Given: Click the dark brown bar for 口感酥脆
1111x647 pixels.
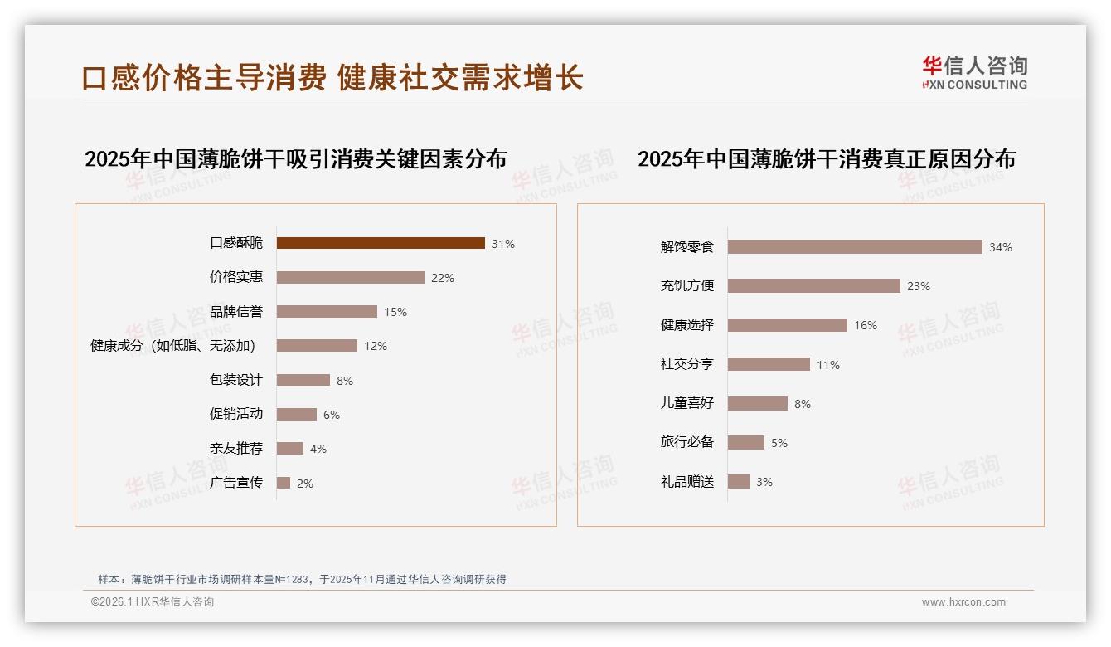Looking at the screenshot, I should pyautogui.click(x=381, y=243).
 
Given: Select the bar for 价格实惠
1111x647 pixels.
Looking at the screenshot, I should pyautogui.click(x=350, y=278).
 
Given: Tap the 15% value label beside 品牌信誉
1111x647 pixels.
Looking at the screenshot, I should pyautogui.click(x=395, y=312).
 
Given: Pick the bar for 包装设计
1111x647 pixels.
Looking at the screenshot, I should pyautogui.click(x=303, y=380).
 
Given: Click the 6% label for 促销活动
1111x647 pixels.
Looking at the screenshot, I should pyautogui.click(x=332, y=415).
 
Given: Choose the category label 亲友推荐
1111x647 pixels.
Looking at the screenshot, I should pyautogui.click(x=235, y=449).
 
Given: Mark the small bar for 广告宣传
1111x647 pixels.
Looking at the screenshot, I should pyautogui.click(x=284, y=483).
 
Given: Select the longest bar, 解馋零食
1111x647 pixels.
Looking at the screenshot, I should pyautogui.click(x=855, y=247).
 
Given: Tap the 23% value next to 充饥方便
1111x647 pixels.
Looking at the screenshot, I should pyautogui.click(x=919, y=286).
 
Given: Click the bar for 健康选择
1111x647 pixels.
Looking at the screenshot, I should pyautogui.click(x=788, y=325).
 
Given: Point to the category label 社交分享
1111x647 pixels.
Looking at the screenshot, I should pyautogui.click(x=686, y=364).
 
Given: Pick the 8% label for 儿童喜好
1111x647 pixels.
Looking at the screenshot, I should pyautogui.click(x=803, y=404).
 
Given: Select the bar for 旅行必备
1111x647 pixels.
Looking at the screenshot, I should pyautogui.click(x=746, y=443).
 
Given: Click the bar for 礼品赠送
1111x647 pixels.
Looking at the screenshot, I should pyautogui.click(x=739, y=482).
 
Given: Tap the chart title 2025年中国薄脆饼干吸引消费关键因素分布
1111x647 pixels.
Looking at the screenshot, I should pyautogui.click(x=295, y=159).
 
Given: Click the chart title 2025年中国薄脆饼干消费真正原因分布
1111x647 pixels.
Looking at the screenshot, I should pyautogui.click(x=826, y=159).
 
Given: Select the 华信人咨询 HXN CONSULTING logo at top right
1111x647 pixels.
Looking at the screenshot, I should pyautogui.click(x=974, y=73).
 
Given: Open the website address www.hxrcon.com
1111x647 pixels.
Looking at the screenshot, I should pyautogui.click(x=963, y=602).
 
